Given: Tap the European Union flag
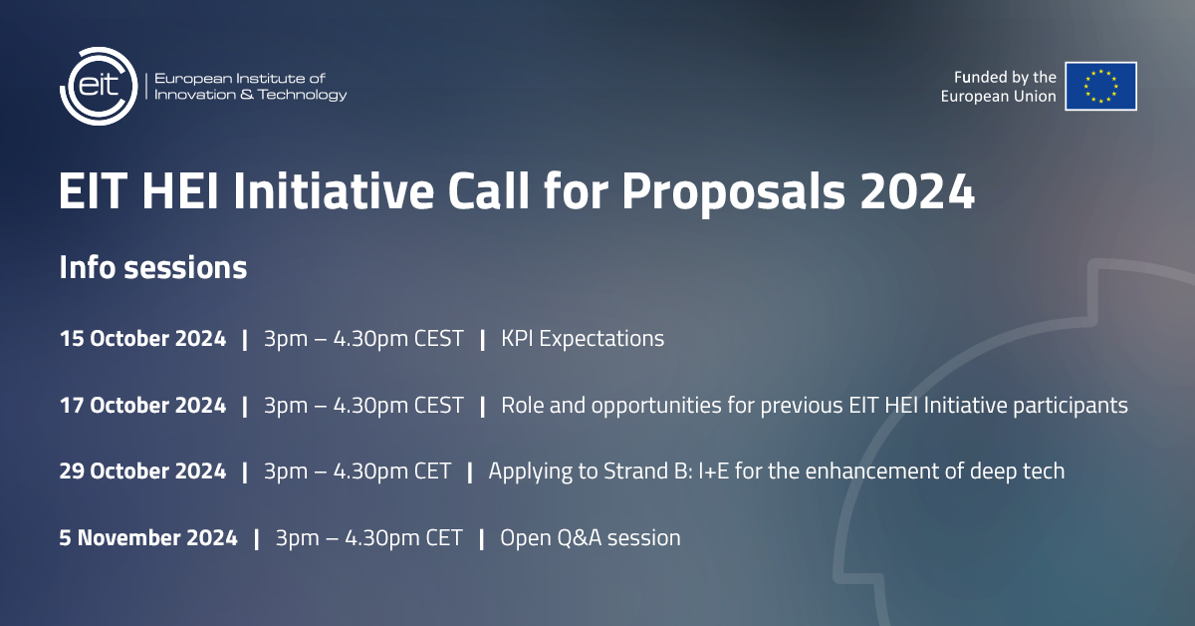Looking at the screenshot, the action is pyautogui.click(x=1100, y=86).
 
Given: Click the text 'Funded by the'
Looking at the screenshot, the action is pyautogui.click(x=1005, y=78).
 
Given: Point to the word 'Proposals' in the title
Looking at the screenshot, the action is pyautogui.click(x=734, y=192).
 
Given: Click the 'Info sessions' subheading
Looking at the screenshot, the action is pyautogui.click(x=153, y=267).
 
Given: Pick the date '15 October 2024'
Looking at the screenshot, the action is pyautogui.click(x=142, y=339).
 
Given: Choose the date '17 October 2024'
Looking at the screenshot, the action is pyautogui.click(x=142, y=406).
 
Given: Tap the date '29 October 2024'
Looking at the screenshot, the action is pyautogui.click(x=142, y=471).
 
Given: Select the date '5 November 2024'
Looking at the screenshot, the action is pyautogui.click(x=148, y=538).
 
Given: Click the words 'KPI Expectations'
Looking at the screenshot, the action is pyautogui.click(x=583, y=339).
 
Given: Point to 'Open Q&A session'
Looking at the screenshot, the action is pyautogui.click(x=591, y=538).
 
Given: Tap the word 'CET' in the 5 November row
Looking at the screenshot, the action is pyautogui.click(x=444, y=538).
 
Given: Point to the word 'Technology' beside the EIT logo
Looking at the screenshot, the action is pyautogui.click(x=302, y=95).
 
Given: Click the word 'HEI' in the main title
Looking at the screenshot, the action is pyautogui.click(x=180, y=191).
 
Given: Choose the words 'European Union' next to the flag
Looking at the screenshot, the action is pyautogui.click(x=998, y=97).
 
